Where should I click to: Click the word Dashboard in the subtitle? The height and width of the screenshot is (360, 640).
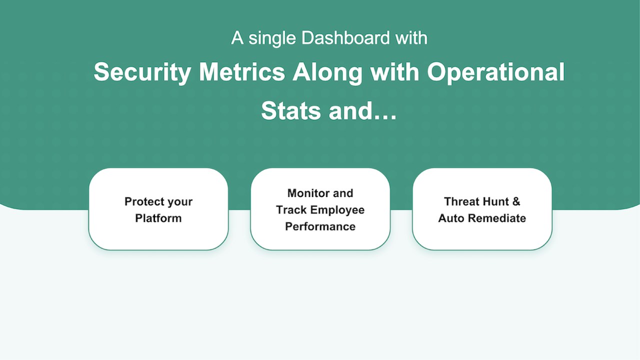[x=345, y=37]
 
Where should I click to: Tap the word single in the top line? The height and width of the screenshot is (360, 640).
[x=272, y=39]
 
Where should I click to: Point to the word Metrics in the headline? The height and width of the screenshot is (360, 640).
[x=242, y=72]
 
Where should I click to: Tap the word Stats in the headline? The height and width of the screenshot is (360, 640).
[x=291, y=111]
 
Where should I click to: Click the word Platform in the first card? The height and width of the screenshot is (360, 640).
[x=158, y=218]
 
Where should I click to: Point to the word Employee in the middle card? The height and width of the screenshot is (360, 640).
[x=337, y=210]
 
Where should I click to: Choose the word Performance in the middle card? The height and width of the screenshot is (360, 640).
[x=320, y=226]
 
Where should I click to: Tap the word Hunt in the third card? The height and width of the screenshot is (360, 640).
[x=493, y=201]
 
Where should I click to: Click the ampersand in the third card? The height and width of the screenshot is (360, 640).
[x=516, y=201]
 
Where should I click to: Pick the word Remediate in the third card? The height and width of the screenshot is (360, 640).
[x=497, y=218]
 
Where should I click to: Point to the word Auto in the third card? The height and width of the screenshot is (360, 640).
[x=451, y=218]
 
